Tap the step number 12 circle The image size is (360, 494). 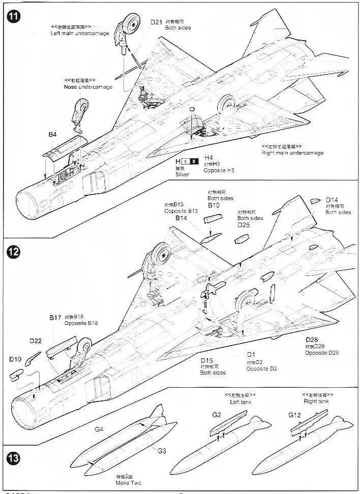[13, 252]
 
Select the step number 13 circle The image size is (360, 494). [13, 457]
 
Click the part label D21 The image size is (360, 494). [156, 22]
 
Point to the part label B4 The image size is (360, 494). [52, 135]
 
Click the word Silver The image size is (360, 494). [183, 174]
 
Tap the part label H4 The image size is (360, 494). [208, 158]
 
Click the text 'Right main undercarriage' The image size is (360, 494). [292, 152]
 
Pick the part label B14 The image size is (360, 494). [182, 218]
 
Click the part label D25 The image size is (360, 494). [244, 224]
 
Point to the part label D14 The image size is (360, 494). [332, 200]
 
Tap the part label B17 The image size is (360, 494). [55, 317]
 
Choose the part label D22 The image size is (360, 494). [36, 341]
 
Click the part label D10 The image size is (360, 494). [15, 359]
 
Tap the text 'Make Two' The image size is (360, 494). [128, 483]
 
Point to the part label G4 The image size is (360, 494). [99, 429]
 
